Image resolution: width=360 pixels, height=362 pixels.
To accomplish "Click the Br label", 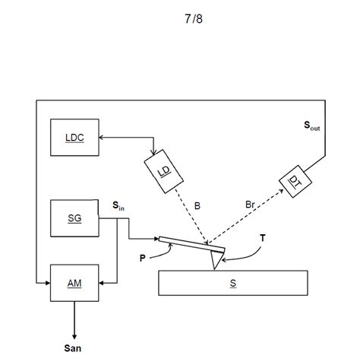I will pos(251,205).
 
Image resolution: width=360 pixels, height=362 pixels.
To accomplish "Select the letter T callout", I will pos(262,239).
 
